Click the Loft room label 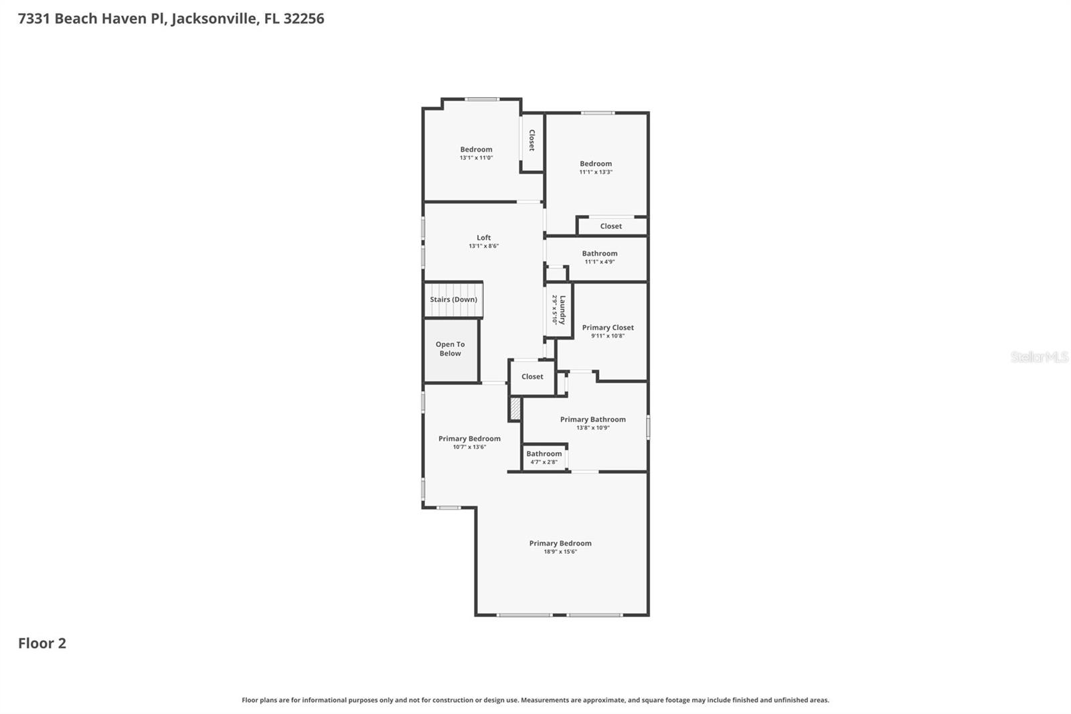coord(483,238)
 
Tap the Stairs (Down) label coord(453,299)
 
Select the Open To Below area coord(450,349)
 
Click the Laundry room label coord(562,310)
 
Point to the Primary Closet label coord(608,328)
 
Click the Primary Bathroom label coord(592,419)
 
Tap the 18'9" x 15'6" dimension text coord(560,552)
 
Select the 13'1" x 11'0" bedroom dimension coord(476,158)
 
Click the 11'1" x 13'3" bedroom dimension coord(596,172)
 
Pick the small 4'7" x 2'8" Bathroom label coord(544,454)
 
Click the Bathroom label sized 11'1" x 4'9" coord(599,253)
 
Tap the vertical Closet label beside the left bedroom coord(532,140)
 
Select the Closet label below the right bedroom coord(610,226)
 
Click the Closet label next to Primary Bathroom coord(532,376)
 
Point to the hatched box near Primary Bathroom coord(515,409)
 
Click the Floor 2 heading coord(42,643)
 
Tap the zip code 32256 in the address coord(303,18)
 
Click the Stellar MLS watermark coord(1039,357)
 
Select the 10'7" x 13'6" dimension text coord(469,447)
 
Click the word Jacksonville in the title coord(214,18)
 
